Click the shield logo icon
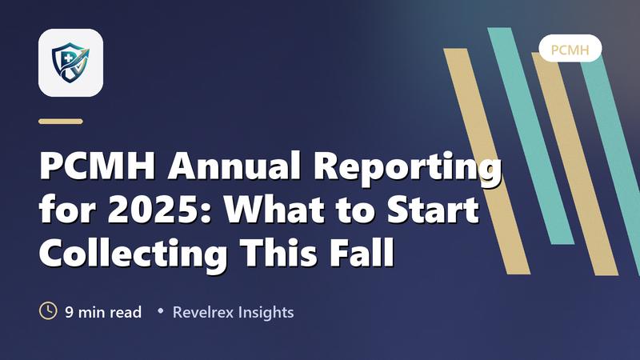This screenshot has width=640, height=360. [x=70, y=63]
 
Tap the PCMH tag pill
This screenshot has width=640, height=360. [x=570, y=49]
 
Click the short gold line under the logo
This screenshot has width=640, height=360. [x=61, y=122]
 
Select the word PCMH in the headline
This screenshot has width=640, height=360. [x=97, y=166]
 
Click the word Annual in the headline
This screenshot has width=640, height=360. [x=234, y=166]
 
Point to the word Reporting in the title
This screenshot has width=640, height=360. [x=407, y=170]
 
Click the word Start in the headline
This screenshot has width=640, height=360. [x=433, y=209]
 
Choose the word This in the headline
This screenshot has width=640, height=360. [x=278, y=252]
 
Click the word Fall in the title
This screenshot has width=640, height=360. [x=362, y=252]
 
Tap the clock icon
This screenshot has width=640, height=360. [x=48, y=311]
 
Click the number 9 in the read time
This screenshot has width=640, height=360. [x=70, y=312]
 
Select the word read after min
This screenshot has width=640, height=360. [x=126, y=312]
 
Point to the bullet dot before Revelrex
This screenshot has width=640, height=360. [x=161, y=311]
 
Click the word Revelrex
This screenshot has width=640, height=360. [x=203, y=312]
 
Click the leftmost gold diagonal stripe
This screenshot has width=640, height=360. [x=487, y=162]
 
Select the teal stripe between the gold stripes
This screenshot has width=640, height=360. [x=531, y=136]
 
